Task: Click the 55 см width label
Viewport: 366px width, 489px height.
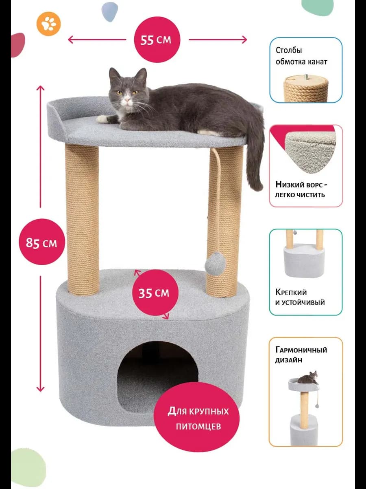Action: [156, 40]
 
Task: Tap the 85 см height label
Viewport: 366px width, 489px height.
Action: [41, 242]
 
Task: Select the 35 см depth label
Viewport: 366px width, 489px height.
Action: [154, 293]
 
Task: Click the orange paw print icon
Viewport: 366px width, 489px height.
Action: [49, 24]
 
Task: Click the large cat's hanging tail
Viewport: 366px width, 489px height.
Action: [255, 156]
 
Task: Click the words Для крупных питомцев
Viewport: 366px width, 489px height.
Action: [198, 419]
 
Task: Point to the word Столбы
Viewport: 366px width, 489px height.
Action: [289, 50]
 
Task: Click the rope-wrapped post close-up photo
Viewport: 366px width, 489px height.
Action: [306, 88]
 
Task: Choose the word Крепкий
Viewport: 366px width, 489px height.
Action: [291, 292]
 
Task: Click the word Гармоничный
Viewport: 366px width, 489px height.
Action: [301, 350]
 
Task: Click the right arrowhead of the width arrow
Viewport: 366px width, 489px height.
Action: [245, 40]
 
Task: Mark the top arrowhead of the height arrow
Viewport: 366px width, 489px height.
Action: [40, 88]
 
